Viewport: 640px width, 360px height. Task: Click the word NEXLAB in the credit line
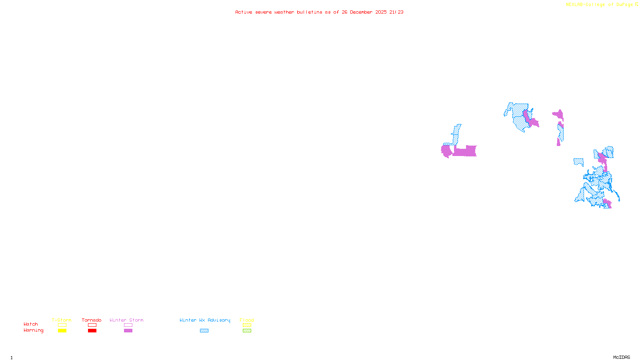click(x=574, y=5)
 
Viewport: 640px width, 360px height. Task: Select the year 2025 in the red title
click(x=381, y=12)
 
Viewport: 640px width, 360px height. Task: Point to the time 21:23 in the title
click(x=396, y=12)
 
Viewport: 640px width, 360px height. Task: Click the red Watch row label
click(x=31, y=324)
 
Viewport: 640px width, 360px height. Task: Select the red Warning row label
click(x=34, y=330)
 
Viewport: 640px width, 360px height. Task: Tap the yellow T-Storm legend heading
click(x=62, y=320)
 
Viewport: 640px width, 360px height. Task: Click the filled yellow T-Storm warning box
click(x=62, y=331)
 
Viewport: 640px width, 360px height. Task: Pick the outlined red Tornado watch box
click(x=92, y=325)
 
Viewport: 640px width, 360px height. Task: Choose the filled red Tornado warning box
click(x=92, y=331)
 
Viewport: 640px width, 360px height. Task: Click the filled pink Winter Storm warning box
click(x=128, y=331)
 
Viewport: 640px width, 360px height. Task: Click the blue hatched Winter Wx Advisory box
click(x=204, y=331)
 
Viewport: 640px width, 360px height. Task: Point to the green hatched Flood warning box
click(x=247, y=331)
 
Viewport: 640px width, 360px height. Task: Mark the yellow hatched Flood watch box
click(x=247, y=325)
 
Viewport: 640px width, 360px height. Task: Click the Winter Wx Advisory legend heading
click(x=205, y=320)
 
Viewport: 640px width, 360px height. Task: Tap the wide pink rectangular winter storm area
click(x=465, y=151)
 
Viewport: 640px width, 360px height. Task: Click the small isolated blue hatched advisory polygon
click(x=578, y=162)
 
